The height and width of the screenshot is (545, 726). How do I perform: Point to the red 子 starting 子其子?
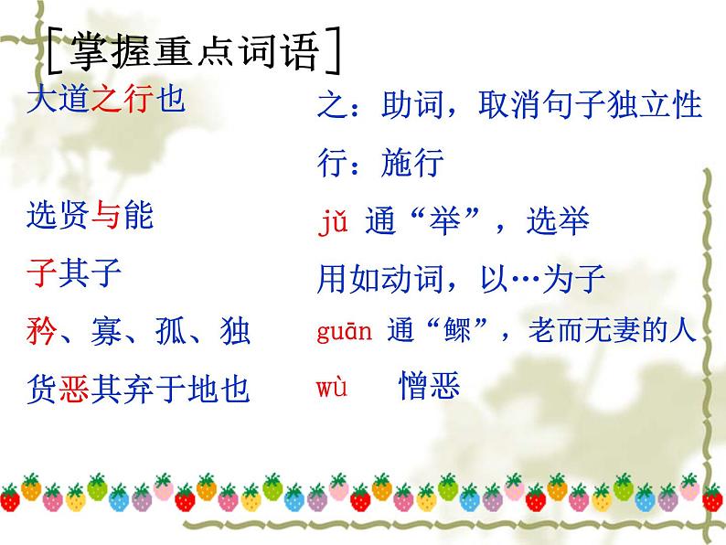pyautogui.click(x=42, y=273)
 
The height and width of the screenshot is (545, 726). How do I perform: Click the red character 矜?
pyautogui.click(x=42, y=331)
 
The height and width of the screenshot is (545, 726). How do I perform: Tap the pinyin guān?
pyautogui.click(x=345, y=332)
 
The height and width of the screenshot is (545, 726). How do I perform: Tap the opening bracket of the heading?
pyautogui.click(x=49, y=53)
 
